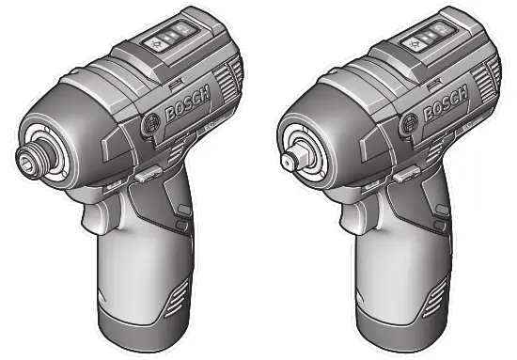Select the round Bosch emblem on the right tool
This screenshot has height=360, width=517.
pos(410,124)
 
